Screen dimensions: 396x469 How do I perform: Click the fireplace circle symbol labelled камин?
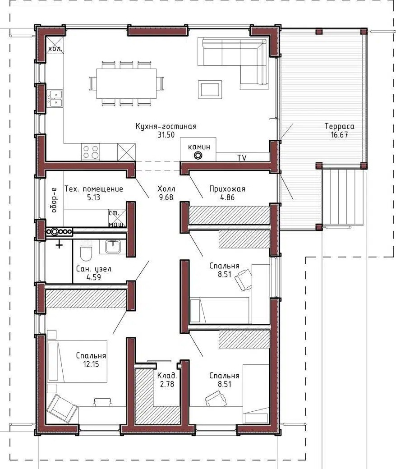point(198,156)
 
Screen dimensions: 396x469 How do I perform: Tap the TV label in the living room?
point(242,158)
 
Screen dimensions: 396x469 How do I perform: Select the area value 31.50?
point(166,134)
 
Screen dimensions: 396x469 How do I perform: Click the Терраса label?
point(340,126)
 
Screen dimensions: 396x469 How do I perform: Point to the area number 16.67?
point(340,134)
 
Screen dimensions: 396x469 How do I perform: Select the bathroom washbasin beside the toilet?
point(113,247)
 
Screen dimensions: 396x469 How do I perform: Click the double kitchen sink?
point(55,98)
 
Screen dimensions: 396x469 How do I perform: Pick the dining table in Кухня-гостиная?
point(126,84)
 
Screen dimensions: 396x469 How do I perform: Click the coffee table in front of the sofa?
point(210,89)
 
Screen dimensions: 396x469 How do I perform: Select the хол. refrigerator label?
point(55,49)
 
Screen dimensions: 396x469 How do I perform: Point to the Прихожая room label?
point(227,189)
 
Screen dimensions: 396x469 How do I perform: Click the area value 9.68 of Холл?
point(166,198)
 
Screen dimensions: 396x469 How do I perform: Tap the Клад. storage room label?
point(167,376)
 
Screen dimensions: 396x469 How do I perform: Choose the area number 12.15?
point(91,364)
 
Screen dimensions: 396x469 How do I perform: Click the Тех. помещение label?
point(94,189)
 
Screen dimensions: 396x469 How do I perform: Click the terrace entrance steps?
point(343,198)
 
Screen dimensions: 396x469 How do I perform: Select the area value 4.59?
point(94,277)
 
